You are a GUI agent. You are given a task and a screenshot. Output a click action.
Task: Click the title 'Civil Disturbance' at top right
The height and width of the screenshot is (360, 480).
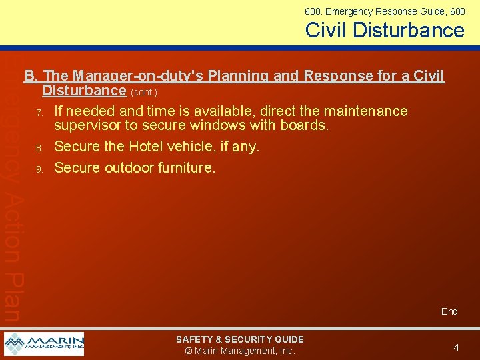point(385,30)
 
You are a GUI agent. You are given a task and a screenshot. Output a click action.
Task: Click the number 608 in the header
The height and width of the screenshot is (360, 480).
point(457,11)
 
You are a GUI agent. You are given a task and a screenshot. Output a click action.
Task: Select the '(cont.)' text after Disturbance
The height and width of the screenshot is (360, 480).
point(145,91)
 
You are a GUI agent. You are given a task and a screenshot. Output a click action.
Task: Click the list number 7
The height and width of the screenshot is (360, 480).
point(40,111)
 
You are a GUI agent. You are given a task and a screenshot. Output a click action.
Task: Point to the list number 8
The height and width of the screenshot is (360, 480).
point(40,147)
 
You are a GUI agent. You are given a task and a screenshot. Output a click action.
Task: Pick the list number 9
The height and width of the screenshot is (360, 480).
point(40,169)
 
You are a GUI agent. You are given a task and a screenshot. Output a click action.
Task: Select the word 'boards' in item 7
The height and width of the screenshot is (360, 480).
point(305,125)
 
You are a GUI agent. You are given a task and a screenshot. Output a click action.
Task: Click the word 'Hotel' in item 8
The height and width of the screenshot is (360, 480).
point(151,147)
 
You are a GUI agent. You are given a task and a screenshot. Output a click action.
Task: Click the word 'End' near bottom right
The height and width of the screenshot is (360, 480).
point(449,311)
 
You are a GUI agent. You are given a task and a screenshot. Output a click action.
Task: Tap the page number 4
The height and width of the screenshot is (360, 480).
point(456,347)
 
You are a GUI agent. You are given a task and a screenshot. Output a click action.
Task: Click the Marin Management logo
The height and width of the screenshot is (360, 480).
point(44,344)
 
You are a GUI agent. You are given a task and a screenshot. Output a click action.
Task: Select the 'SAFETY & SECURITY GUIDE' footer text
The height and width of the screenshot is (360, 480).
point(239,339)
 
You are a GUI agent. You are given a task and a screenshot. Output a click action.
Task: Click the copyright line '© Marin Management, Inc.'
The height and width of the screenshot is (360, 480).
point(239,351)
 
